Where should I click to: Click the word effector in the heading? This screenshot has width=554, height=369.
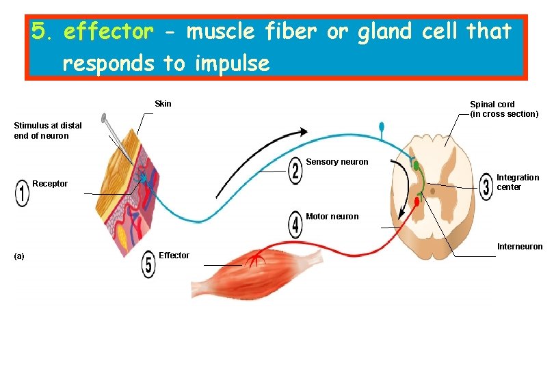click(108, 32)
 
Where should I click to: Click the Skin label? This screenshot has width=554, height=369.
click(163, 104)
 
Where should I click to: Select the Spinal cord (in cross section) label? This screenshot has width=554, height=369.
click(504, 109)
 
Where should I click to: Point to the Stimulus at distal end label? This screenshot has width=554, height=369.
click(48, 131)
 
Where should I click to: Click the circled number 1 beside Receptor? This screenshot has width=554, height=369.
click(22, 193)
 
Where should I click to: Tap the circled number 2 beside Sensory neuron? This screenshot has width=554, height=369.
click(295, 171)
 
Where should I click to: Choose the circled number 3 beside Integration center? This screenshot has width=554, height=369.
click(486, 185)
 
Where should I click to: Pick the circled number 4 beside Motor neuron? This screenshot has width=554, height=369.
click(295, 224)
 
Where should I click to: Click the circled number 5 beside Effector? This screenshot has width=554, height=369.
click(148, 264)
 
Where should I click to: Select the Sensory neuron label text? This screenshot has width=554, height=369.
click(337, 162)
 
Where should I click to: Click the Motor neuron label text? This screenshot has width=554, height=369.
click(332, 217)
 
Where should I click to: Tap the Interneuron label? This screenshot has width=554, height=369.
click(519, 247)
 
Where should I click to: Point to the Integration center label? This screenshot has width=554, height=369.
click(517, 182)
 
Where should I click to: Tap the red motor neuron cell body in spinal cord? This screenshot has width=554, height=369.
click(417, 202)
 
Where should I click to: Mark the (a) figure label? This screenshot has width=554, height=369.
click(19, 256)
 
